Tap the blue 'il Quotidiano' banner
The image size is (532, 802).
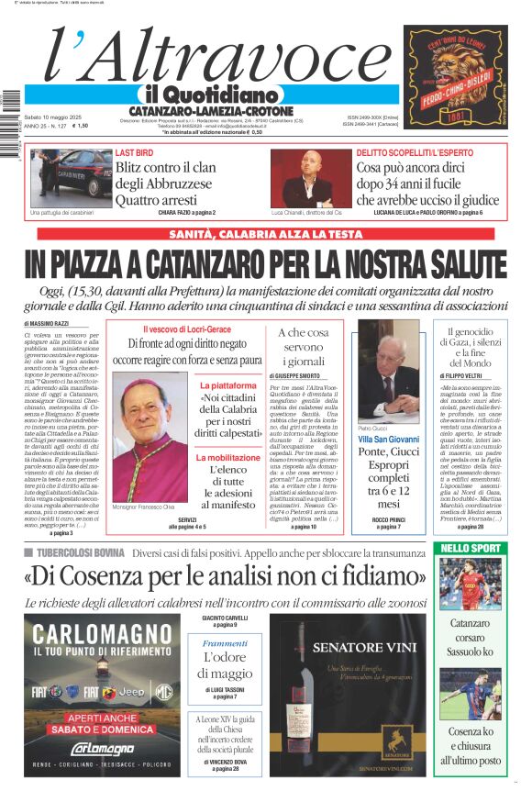(x=211, y=95)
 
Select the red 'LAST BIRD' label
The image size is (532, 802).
(x=134, y=152)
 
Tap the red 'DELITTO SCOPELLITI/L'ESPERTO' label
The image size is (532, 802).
(x=416, y=152)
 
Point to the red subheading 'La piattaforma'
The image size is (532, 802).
(x=228, y=385)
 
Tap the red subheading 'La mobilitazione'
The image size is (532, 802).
(x=228, y=457)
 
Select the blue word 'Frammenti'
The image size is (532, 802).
(x=225, y=643)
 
